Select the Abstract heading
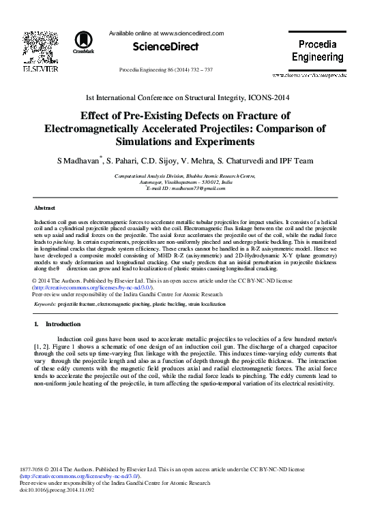(x=45, y=206)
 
